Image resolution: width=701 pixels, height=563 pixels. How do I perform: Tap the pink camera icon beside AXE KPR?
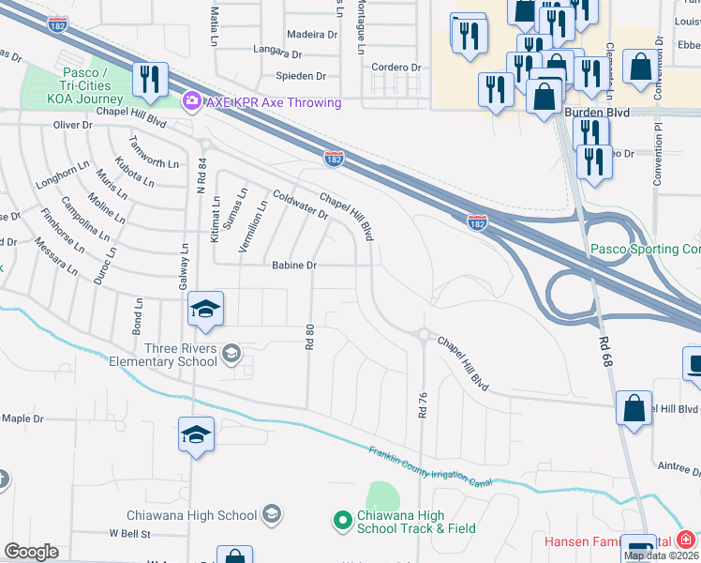(x=192, y=99)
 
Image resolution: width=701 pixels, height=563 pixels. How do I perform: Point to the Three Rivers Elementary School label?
(x=163, y=356)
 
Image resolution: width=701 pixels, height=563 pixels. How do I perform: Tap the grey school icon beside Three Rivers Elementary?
(x=231, y=353)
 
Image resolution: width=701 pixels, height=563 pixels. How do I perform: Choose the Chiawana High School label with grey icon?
(x=192, y=514)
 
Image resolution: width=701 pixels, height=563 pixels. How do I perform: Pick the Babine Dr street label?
(x=294, y=266)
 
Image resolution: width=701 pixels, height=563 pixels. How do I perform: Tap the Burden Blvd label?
(x=596, y=113)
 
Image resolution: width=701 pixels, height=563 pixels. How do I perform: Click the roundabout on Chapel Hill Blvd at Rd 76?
(x=423, y=334)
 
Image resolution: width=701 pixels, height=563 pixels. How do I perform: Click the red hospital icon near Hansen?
(x=687, y=539)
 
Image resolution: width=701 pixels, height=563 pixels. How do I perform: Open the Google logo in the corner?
(x=31, y=552)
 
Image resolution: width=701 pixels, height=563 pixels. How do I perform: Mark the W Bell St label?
(x=129, y=533)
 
